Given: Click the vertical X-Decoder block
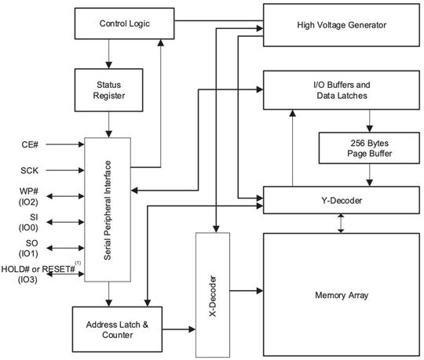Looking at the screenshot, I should point(212,295).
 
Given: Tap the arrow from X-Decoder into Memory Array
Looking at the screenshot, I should point(245,292).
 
